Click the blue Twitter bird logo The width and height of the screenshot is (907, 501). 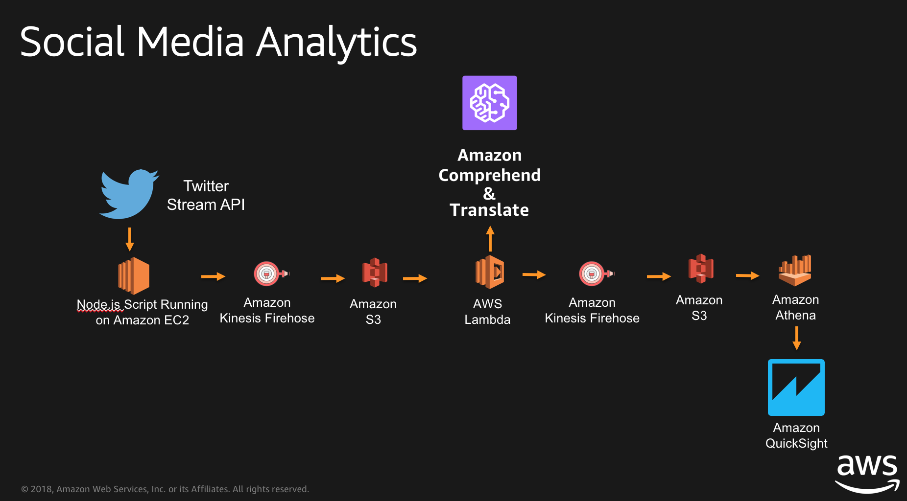click(x=128, y=194)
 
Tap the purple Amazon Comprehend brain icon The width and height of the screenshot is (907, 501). click(x=489, y=103)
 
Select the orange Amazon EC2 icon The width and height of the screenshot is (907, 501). click(x=133, y=275)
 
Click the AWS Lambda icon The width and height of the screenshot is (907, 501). click(x=489, y=272)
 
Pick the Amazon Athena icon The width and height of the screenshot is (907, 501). click(x=795, y=270)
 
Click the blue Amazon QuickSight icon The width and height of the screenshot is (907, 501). click(x=796, y=387)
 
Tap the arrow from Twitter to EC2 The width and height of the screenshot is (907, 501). click(x=130, y=239)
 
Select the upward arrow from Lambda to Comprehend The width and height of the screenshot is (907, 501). click(x=490, y=238)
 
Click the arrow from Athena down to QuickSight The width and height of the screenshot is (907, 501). click(x=796, y=338)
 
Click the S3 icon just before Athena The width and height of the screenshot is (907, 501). click(x=701, y=269)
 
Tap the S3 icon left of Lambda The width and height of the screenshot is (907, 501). click(x=375, y=272)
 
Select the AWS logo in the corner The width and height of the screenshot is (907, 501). click(x=867, y=473)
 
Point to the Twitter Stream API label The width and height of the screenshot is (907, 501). click(x=206, y=195)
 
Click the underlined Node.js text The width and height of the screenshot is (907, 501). click(x=98, y=304)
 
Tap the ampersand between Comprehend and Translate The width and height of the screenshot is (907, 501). click(x=489, y=194)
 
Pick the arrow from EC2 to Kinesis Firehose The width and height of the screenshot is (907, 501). click(x=213, y=277)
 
